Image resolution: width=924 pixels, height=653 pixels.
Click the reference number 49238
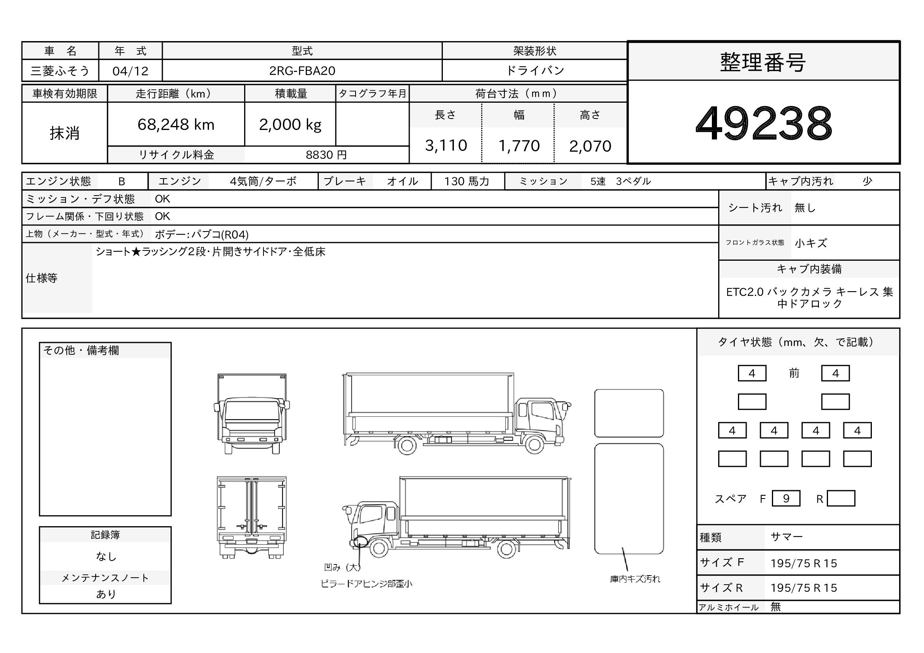[x=764, y=123]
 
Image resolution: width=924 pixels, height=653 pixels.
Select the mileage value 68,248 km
[x=176, y=124]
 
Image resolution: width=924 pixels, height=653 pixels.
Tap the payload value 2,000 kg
[x=290, y=125]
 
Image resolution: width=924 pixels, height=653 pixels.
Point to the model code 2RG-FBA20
[x=302, y=71]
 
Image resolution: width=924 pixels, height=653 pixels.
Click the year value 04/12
[x=130, y=71]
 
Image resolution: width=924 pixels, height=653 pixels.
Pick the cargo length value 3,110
[x=446, y=145]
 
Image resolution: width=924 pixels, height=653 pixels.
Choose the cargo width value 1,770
[x=519, y=146]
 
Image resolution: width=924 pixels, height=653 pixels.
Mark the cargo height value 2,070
[x=590, y=146]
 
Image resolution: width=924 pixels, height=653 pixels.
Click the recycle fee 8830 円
[x=326, y=155]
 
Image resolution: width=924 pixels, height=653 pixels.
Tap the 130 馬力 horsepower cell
[x=467, y=181]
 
